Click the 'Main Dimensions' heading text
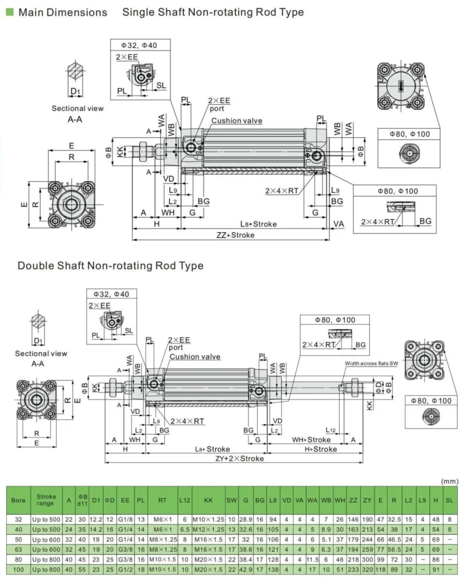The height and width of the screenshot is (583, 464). coord(63,12)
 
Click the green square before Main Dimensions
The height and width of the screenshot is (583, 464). coord(9,11)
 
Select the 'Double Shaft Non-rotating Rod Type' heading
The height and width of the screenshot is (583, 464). coord(110,266)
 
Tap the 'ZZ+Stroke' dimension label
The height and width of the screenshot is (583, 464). coord(235,235)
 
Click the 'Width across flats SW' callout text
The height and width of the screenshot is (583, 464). coord(371,363)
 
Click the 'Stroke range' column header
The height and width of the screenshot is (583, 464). coord(45,500)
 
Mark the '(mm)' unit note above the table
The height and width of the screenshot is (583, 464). coord(450,481)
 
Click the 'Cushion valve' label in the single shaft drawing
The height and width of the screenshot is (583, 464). coord(237,121)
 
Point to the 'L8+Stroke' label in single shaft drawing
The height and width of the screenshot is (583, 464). coord(258,224)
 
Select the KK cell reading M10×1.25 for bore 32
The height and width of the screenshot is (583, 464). coord(208,519)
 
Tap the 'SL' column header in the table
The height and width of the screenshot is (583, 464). coord(450,500)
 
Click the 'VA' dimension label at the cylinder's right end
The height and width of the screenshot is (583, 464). coord(339,224)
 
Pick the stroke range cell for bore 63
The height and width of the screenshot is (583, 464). coord(45,548)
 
